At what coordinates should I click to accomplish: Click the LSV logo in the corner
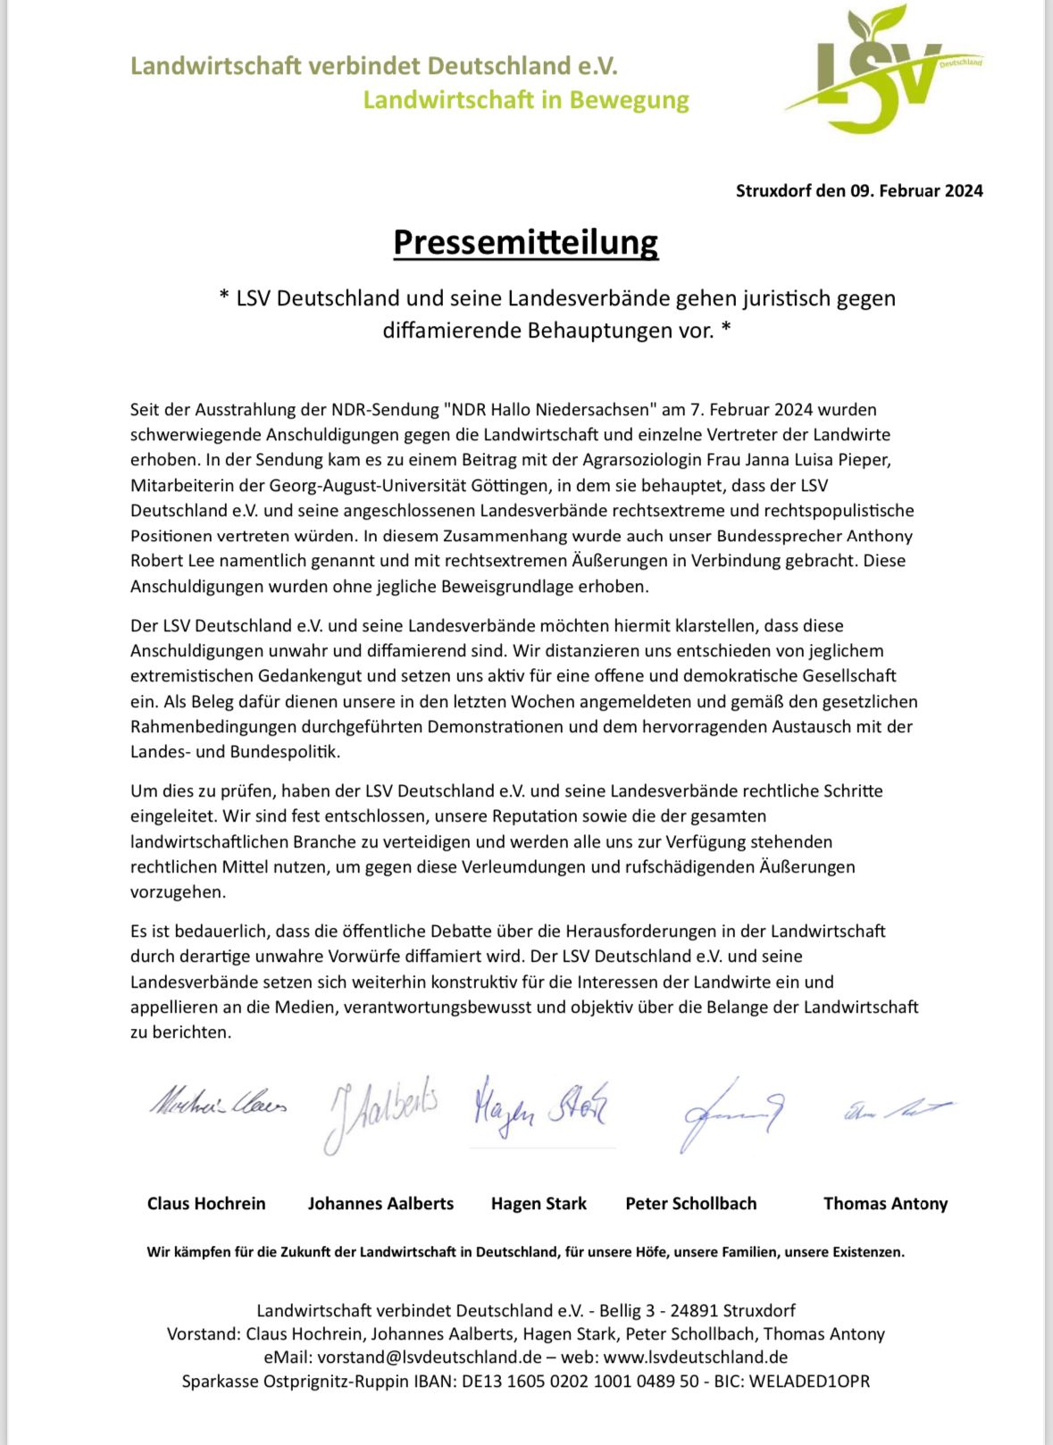[x=884, y=71]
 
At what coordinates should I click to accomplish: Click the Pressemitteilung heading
[x=525, y=242]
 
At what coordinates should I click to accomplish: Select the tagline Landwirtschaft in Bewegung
[x=525, y=100]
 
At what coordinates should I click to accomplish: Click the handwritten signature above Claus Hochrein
[x=218, y=1104]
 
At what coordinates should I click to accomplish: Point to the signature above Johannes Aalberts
[x=380, y=1111]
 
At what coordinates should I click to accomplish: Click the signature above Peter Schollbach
[x=731, y=1113]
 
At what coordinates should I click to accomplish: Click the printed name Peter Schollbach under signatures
[x=690, y=1203]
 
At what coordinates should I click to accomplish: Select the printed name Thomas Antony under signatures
[x=885, y=1203]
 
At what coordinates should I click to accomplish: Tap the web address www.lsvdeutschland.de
[x=695, y=1357]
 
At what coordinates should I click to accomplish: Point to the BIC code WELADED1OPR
[x=809, y=1381]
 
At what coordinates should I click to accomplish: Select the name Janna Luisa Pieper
[x=813, y=460]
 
